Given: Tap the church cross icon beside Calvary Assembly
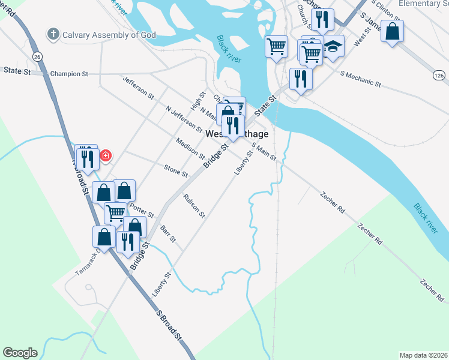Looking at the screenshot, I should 53,34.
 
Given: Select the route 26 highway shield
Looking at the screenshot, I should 37,56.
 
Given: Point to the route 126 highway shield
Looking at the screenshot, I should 439,75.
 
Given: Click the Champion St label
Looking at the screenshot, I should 69,74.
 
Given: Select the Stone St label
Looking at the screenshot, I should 176,171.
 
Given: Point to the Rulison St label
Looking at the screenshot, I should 194,205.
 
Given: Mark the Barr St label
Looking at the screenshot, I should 168,234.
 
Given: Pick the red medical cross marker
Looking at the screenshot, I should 106,156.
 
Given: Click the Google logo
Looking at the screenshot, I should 20,353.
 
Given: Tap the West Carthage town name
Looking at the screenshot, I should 237,134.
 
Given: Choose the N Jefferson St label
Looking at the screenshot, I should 184,119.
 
